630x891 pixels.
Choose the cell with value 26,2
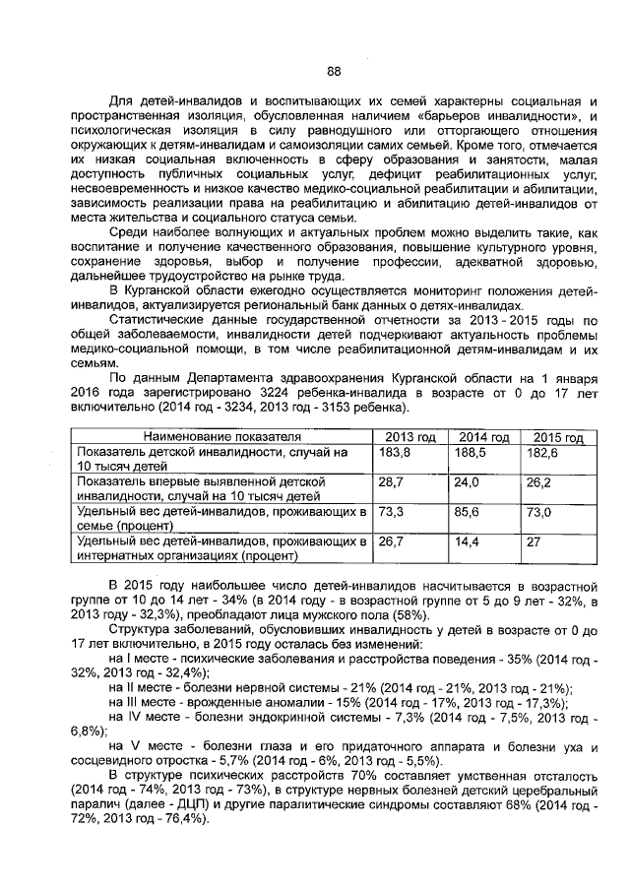click(x=538, y=482)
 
